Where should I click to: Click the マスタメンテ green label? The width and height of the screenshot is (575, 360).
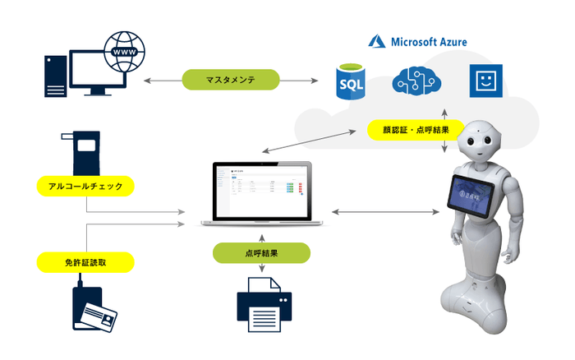tap(231, 81)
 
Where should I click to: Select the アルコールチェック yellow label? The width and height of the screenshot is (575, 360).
tap(85, 187)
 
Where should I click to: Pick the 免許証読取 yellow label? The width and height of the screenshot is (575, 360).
tap(85, 263)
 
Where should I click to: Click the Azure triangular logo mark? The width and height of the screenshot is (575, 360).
tap(377, 40)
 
